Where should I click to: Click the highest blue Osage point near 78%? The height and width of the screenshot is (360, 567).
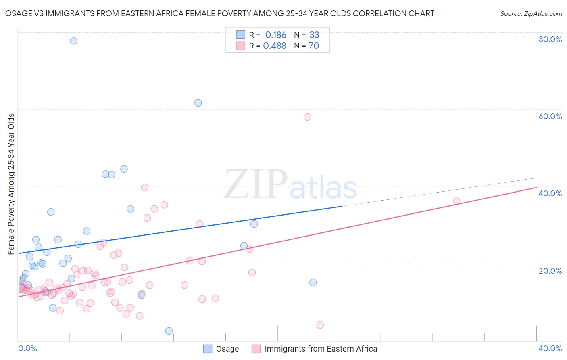click(x=73, y=41)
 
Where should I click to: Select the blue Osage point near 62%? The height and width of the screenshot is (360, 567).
click(x=198, y=103)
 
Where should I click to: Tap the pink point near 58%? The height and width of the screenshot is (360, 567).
click(x=307, y=117)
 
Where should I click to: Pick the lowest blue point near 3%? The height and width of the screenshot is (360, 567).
click(x=169, y=331)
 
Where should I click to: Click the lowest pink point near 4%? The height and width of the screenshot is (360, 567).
click(x=320, y=325)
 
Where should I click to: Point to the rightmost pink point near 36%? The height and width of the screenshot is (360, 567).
click(x=457, y=201)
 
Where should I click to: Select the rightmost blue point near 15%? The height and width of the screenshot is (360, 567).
click(x=313, y=283)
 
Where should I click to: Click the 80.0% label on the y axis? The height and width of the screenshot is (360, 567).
click(x=550, y=39)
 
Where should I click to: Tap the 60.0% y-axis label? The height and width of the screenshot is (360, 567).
click(x=550, y=116)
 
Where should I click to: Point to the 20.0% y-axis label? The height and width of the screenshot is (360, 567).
click(x=550, y=271)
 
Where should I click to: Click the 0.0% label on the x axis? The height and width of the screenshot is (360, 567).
click(x=27, y=349)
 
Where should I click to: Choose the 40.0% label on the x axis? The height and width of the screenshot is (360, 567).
click(x=550, y=349)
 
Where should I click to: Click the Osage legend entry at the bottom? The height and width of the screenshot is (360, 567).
click(x=227, y=349)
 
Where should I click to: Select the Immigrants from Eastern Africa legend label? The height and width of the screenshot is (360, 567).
click(x=321, y=349)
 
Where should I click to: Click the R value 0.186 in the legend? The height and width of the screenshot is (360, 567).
click(x=275, y=35)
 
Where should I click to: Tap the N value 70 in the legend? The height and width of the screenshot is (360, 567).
click(x=314, y=46)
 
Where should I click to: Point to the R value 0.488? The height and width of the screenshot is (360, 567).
click(x=275, y=46)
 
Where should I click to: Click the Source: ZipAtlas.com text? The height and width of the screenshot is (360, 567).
click(x=531, y=14)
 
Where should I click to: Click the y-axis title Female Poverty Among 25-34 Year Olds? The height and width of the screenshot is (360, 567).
click(x=11, y=184)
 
